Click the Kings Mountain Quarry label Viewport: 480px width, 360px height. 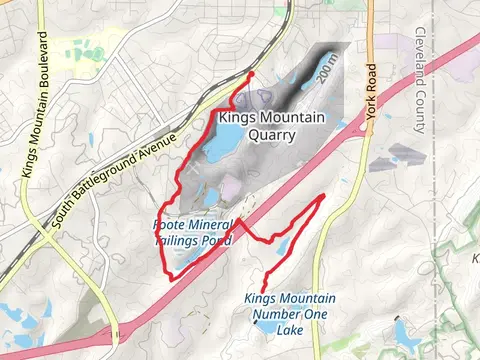271,126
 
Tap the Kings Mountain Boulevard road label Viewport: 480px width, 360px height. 35,106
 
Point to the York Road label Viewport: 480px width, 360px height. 375,91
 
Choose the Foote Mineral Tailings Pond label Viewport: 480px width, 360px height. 193,233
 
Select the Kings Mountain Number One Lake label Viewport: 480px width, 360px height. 290,314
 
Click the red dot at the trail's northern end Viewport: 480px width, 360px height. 250,74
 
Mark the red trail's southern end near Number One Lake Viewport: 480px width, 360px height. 263,291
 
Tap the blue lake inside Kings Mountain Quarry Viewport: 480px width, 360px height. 221,149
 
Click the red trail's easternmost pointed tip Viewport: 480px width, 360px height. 322,197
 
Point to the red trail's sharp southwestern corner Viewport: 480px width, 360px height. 171,279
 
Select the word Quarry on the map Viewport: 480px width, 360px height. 271,135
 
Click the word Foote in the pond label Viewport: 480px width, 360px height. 171,225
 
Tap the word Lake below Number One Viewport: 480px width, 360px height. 290,330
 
